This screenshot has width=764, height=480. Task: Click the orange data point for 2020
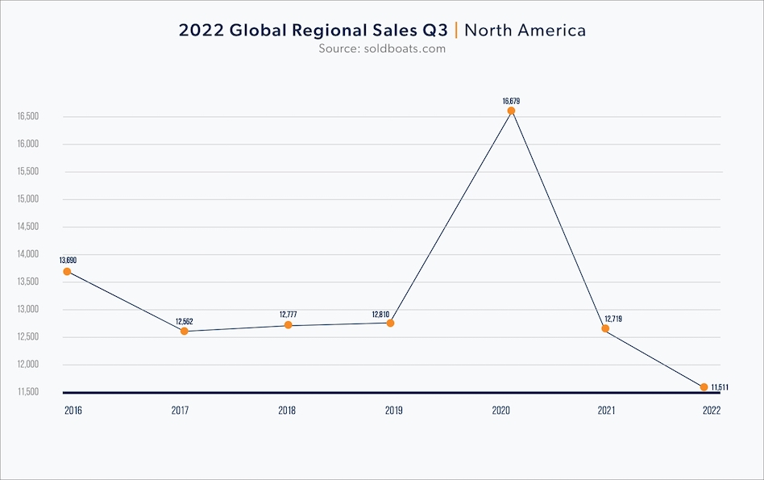tap(511, 111)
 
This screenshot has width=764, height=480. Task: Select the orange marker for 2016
tap(67, 271)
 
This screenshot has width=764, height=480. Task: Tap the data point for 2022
tap(704, 387)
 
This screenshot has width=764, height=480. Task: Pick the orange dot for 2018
tap(288, 325)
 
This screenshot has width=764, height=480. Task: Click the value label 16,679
tap(511, 101)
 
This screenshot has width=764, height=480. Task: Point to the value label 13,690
tap(67, 261)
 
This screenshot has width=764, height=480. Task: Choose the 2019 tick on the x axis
tap(394, 410)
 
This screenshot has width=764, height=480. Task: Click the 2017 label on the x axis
tap(180, 410)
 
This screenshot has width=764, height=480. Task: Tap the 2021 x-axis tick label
tap(607, 410)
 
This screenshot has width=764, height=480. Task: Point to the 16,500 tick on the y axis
tap(28, 116)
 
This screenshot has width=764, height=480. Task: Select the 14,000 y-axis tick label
tap(28, 254)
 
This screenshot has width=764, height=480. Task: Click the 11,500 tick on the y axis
tap(28, 392)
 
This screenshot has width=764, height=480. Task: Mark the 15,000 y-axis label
tap(28, 199)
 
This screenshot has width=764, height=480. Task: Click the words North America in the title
tap(525, 31)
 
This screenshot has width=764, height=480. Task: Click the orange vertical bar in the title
tap(458, 31)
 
